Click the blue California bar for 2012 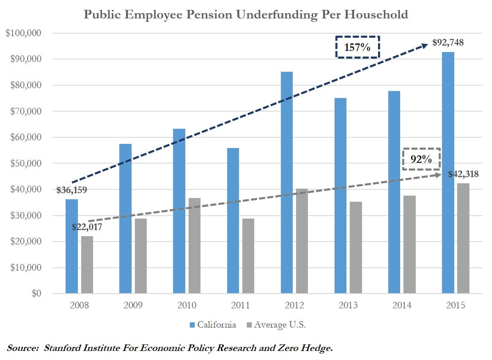point(287,182)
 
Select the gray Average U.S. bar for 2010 point(194,246)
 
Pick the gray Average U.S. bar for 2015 point(463,238)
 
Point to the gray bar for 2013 point(356,248)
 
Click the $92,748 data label point(448,42)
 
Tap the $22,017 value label point(87,227)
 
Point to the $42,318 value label point(463,174)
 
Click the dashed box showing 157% point(358,47)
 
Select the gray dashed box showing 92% point(421,159)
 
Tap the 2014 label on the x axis point(402,305)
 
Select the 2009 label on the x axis point(133,305)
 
